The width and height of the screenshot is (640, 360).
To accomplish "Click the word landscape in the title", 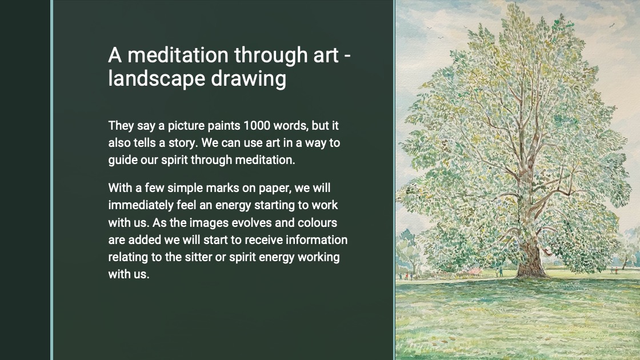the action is tap(157, 78).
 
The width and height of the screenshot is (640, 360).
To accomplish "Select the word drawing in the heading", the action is tap(249, 78).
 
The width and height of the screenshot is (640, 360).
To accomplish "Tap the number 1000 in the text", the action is tap(257, 126).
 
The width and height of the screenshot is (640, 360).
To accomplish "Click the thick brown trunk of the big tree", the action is tap(531, 257).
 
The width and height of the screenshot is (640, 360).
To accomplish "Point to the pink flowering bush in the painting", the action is tap(474, 271).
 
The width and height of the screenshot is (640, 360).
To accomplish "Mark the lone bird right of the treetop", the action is tap(612, 25).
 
